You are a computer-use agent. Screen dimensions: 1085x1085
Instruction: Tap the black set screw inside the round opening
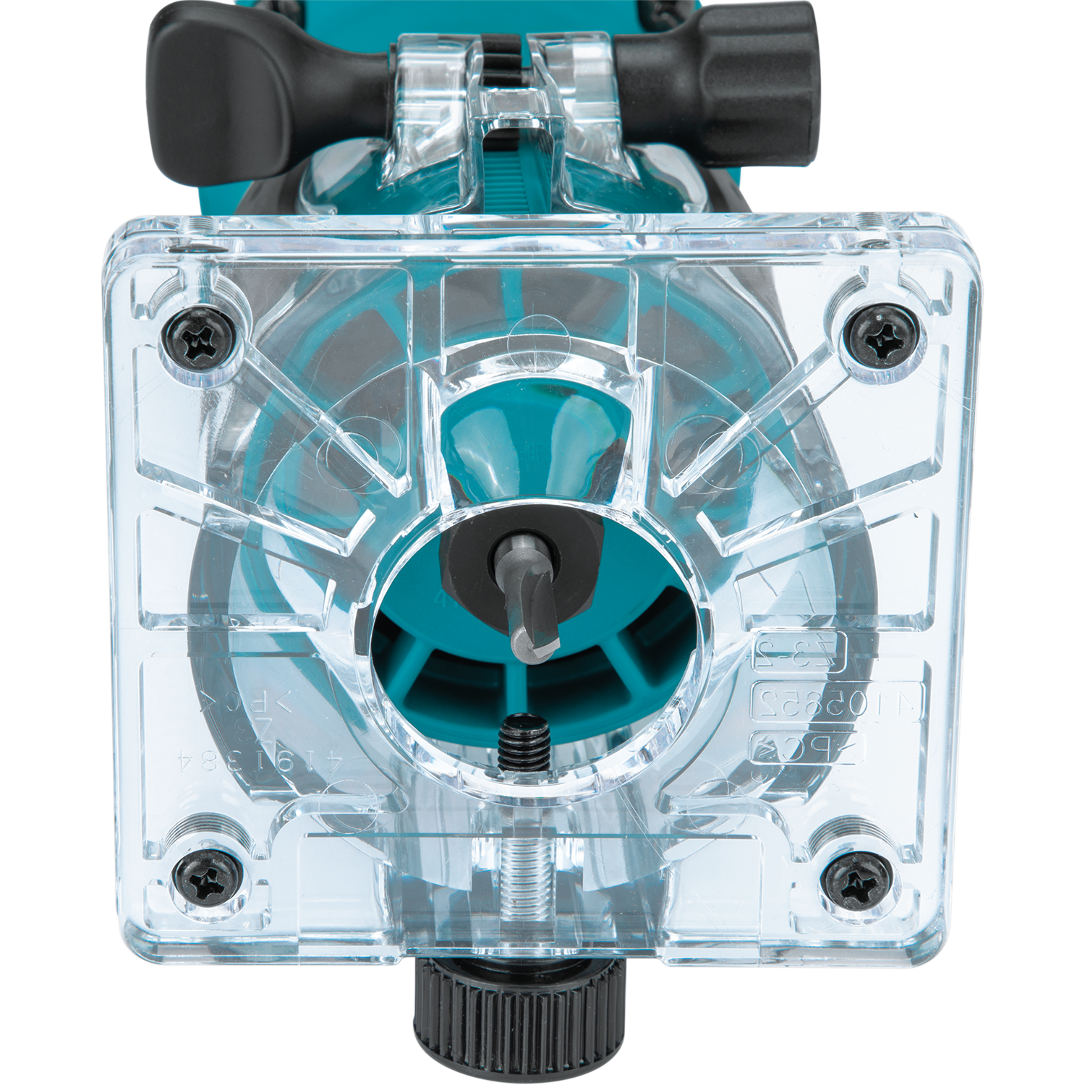pyautogui.click(x=524, y=741)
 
